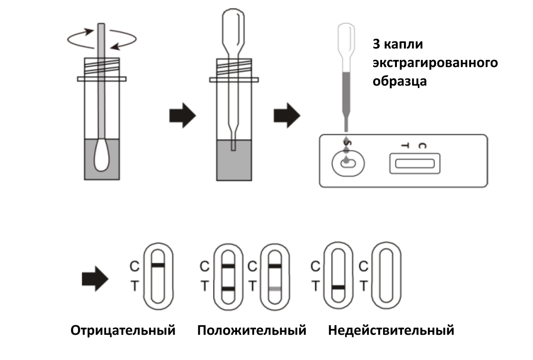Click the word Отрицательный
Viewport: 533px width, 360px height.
[123, 330]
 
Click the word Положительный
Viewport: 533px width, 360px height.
[252, 330]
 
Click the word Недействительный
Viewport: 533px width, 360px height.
[391, 330]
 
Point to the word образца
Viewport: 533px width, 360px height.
[399, 80]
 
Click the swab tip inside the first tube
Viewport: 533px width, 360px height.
[102, 156]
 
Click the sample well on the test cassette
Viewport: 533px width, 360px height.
[348, 164]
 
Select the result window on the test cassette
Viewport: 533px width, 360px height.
[414, 164]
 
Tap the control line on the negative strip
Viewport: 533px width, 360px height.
[158, 265]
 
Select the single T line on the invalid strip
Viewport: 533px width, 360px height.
[338, 287]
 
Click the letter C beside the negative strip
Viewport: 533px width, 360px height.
[134, 267]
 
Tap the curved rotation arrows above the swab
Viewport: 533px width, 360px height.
[102, 39]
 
